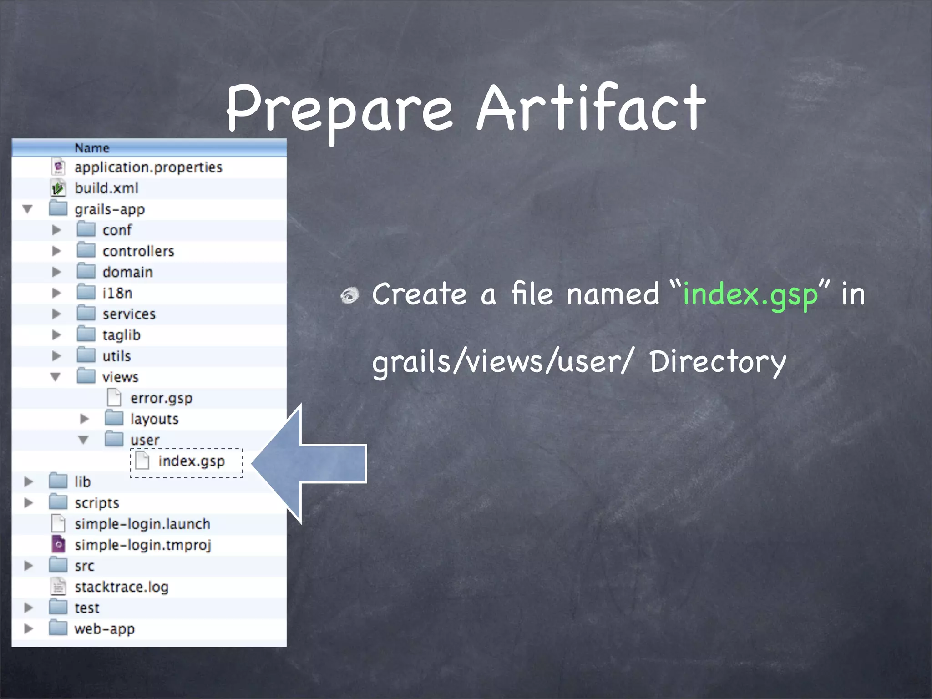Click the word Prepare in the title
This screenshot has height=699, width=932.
click(x=339, y=111)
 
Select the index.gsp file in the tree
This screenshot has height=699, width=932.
click(x=191, y=461)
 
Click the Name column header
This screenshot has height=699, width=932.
click(x=92, y=148)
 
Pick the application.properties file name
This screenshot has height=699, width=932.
click(x=148, y=167)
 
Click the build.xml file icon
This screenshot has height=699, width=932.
click(x=58, y=188)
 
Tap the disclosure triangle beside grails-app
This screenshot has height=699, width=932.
click(x=28, y=209)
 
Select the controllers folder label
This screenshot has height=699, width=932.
click(x=138, y=251)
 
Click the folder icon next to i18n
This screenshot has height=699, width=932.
click(x=86, y=293)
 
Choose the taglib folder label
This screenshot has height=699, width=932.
click(x=122, y=335)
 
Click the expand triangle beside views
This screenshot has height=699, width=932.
click(x=56, y=377)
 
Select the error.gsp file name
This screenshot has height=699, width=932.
click(x=162, y=398)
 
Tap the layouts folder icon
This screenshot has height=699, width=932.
click(x=114, y=419)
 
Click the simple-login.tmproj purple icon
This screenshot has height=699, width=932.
click(x=58, y=545)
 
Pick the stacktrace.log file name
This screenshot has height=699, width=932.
click(x=122, y=587)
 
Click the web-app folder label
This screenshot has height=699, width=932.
click(x=105, y=629)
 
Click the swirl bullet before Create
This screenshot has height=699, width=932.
click(x=350, y=296)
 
